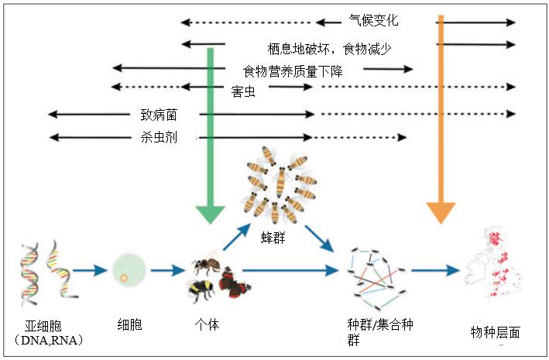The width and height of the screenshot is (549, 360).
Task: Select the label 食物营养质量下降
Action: coord(293,70)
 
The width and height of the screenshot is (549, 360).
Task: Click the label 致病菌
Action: coord(159,114)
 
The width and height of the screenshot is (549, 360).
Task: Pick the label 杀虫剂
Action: coord(159,138)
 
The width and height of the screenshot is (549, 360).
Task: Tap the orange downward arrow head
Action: coord(441,209)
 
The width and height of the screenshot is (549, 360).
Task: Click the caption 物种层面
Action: coord(495,331)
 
